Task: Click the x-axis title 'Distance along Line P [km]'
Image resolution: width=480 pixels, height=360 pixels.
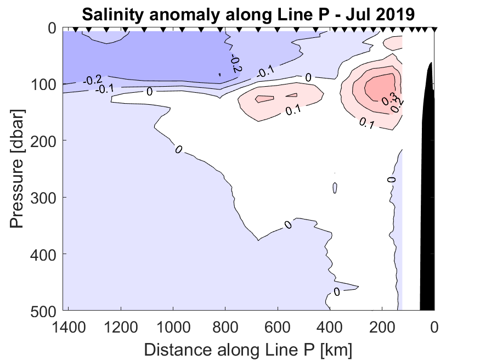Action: click(x=248, y=349)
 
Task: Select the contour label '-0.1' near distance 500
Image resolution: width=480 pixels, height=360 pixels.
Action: click(x=267, y=72)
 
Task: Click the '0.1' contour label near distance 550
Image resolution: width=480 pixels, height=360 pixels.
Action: click(x=293, y=110)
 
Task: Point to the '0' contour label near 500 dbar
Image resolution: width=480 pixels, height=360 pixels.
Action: click(x=336, y=291)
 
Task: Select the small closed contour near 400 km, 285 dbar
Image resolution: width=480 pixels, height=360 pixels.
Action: click(x=335, y=188)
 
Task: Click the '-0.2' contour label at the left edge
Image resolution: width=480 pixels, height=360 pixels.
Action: click(x=91, y=80)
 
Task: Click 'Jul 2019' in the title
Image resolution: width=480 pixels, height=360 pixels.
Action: click(x=381, y=14)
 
